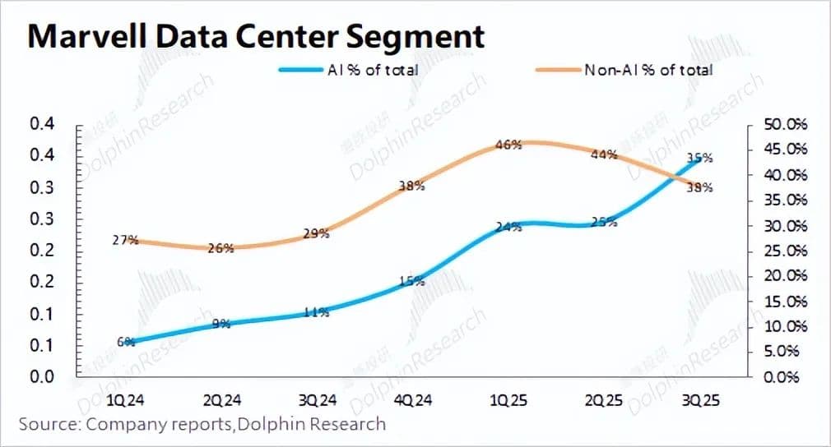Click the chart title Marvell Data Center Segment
pyautogui.click(x=255, y=37)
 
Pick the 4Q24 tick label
pyautogui.click(x=412, y=400)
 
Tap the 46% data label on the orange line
pyautogui.click(x=508, y=145)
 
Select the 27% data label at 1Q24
pyautogui.click(x=124, y=241)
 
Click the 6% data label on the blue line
pyautogui.click(x=126, y=342)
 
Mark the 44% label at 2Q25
pyautogui.click(x=605, y=154)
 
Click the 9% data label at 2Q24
pyautogui.click(x=221, y=324)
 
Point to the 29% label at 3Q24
pyautogui.click(x=317, y=234)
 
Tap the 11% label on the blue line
pyautogui.click(x=317, y=312)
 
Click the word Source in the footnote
pyautogui.click(x=45, y=425)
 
